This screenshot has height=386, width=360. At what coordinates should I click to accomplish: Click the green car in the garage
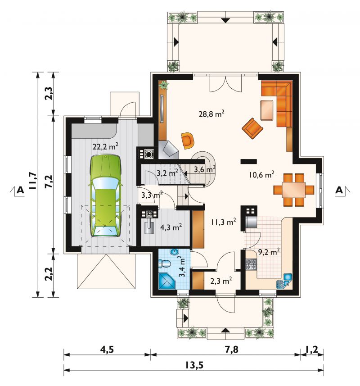pos(106,196)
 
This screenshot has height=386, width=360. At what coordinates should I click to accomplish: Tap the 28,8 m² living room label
pos(211,114)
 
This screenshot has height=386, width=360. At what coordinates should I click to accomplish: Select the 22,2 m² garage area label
pos(105,146)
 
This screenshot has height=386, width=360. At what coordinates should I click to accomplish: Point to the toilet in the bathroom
pos(165,263)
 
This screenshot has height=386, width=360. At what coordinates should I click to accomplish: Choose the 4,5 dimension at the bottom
pos(107,350)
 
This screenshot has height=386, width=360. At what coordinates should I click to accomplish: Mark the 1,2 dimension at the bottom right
pos(312,350)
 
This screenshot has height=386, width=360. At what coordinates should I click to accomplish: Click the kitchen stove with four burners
pos(251,264)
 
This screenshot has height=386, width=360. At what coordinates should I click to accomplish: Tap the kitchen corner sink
pos(284,281)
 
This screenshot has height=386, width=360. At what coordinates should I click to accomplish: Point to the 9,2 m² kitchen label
pos(269,252)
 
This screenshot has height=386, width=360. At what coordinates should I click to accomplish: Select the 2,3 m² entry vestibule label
pos(221,281)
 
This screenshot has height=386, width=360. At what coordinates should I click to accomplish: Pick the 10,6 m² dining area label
pos(261,175)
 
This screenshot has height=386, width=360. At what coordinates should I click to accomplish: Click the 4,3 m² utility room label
pos(171,227)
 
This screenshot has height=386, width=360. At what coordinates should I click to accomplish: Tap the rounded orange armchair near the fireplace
pos(188,141)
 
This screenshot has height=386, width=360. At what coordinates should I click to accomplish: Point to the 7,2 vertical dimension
pos(49,182)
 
